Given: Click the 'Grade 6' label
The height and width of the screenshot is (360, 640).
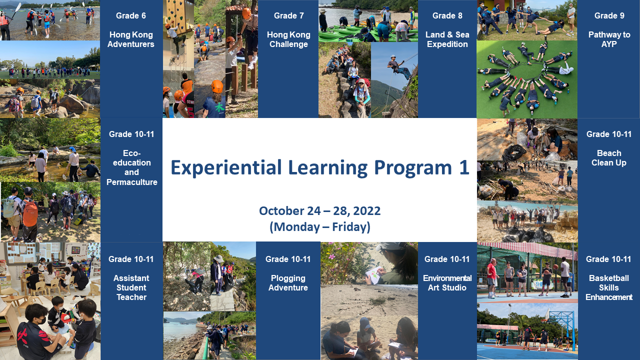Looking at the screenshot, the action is pos(131,15).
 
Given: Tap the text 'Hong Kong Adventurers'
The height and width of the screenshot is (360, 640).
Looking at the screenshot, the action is pos(131,39).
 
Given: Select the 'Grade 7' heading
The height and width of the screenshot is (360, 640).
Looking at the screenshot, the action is pos(288,15).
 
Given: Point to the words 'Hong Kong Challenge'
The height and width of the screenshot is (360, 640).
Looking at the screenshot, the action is pos(288,39).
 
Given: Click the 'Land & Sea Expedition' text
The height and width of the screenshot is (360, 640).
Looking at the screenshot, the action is pos(447,39).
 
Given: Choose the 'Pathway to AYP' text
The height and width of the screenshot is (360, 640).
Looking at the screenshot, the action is pos(609,39).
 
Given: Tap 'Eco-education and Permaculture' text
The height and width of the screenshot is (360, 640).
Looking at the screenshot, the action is pos(131,167).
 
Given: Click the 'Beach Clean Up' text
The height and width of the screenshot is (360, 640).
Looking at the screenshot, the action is pos(609,157).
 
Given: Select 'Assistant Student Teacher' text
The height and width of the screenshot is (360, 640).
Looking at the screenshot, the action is pos(131,287).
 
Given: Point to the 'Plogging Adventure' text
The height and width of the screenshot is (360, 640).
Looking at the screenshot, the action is pos(288,283).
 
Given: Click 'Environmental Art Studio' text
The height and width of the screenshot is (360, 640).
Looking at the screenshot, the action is pos(447,283).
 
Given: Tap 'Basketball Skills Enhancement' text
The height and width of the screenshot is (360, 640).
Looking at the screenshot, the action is pos(609,287).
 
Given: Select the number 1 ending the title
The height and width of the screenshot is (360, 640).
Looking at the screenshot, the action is pos(464,167).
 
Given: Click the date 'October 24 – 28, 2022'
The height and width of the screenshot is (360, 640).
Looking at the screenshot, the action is pos(319,211).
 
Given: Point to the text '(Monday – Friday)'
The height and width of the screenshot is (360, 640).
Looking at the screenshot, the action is pos(319,227).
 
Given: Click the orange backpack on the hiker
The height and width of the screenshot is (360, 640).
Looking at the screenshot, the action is pos(30,213).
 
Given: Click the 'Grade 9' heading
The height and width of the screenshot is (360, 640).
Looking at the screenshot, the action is pos(609,15).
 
